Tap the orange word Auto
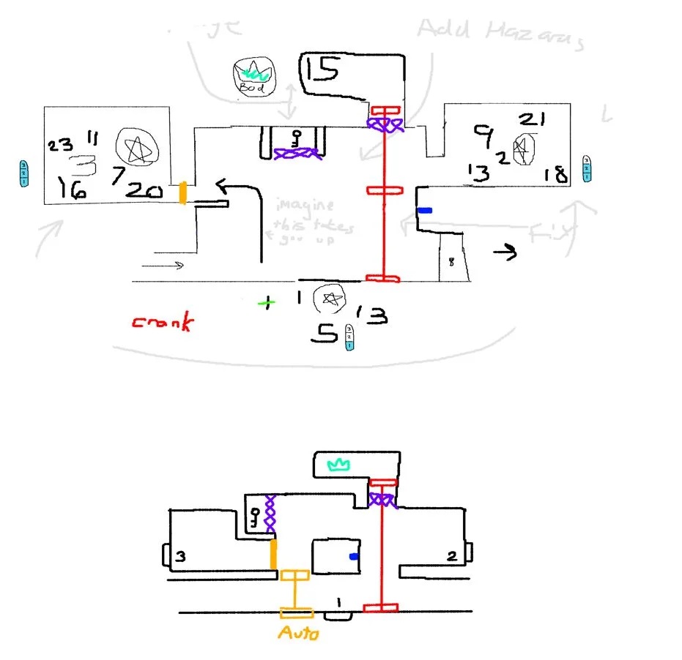[298, 632]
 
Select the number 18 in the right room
[555, 174]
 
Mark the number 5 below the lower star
[323, 334]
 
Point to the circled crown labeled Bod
[252, 77]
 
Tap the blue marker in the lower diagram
[355, 557]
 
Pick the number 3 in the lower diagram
[179, 557]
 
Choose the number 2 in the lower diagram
[452, 557]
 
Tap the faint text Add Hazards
[500, 32]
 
